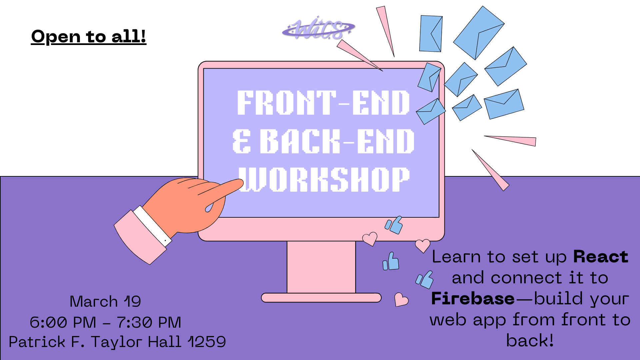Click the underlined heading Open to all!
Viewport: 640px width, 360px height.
89,36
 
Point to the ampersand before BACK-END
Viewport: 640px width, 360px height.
241,141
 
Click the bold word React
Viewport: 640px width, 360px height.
601,257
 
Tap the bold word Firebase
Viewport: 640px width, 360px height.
473,299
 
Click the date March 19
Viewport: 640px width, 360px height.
105,301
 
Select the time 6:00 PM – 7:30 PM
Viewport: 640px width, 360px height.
105,322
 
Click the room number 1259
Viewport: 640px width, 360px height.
207,342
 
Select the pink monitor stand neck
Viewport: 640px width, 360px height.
321,267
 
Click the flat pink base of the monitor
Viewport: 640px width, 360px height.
321,298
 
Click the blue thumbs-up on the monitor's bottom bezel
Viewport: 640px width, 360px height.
394,225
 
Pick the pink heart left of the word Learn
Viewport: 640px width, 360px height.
422,246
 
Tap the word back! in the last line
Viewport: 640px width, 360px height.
530,341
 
